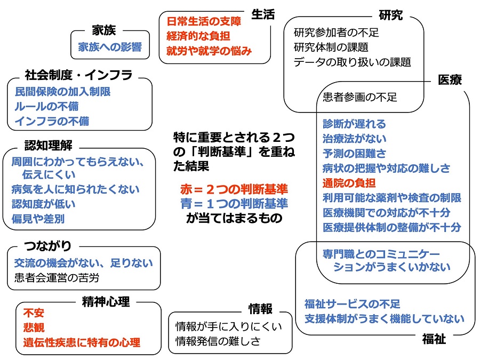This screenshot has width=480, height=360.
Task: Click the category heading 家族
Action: click(x=103, y=31)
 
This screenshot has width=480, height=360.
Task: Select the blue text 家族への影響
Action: click(x=110, y=47)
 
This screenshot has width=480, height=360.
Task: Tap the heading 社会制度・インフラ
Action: click(x=78, y=75)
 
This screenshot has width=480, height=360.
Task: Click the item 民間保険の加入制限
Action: click(x=62, y=92)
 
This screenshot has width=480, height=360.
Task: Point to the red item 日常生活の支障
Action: click(x=204, y=22)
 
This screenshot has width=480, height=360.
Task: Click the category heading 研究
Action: click(x=390, y=15)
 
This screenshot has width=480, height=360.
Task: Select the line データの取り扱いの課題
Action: click(x=352, y=62)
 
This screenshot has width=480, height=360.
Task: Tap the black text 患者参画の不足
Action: click(x=360, y=98)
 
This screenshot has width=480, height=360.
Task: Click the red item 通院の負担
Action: click(x=349, y=183)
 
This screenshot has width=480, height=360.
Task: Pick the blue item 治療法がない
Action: click(x=355, y=139)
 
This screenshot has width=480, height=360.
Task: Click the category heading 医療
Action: click(x=450, y=80)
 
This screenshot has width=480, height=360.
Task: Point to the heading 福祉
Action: click(x=434, y=339)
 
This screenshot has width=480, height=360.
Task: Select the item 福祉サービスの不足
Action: click(x=352, y=304)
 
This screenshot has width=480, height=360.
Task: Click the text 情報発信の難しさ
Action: click(x=218, y=341)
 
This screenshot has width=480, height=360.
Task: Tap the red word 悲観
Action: click(x=34, y=327)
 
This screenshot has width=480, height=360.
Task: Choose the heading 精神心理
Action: click(x=106, y=302)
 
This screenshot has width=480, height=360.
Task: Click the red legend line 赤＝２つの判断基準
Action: click(x=234, y=189)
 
